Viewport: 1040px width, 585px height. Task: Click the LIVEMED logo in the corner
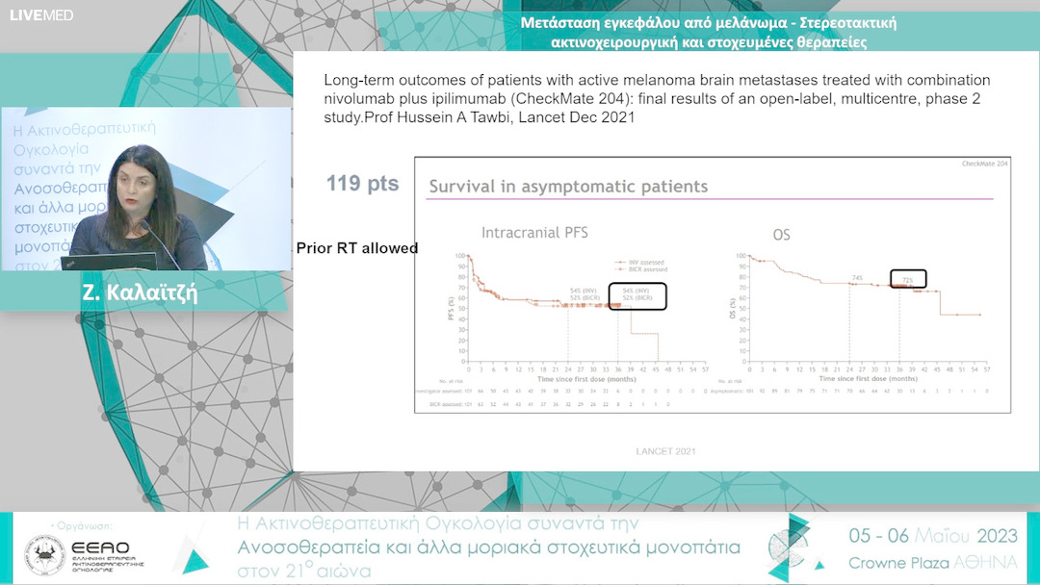tap(41, 15)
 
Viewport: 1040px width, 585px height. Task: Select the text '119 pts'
tap(362, 184)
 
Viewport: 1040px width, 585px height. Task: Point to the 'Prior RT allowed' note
tap(357, 248)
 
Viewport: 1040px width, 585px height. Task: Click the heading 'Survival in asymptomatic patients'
tap(568, 187)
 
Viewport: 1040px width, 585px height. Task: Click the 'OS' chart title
tap(781, 234)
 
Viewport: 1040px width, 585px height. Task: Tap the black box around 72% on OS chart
tap(907, 279)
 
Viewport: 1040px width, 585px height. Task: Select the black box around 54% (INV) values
tap(637, 296)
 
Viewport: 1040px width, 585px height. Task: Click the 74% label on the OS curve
tap(856, 278)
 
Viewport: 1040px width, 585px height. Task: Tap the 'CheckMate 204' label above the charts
tap(984, 165)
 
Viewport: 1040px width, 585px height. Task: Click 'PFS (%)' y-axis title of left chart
tap(452, 307)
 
